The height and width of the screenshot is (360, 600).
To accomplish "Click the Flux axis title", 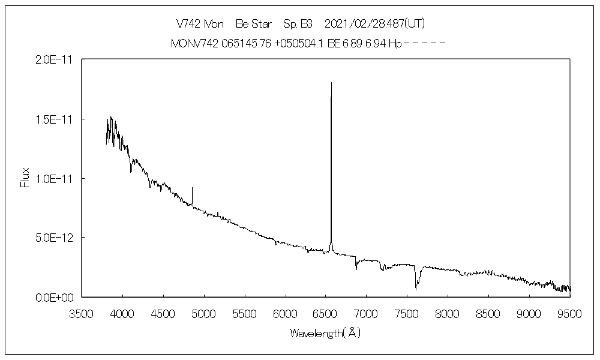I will pyautogui.click(x=25, y=178).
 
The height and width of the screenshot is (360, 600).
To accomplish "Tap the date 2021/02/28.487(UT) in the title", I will pyautogui.click(x=375, y=24).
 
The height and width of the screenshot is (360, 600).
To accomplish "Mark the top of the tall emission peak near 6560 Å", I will pyautogui.click(x=331, y=83).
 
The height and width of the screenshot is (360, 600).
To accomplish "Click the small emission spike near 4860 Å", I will pyautogui.click(x=192, y=188).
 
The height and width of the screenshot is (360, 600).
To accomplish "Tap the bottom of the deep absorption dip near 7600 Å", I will pyautogui.click(x=416, y=289).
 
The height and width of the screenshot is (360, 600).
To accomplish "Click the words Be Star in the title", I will pyautogui.click(x=254, y=24).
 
